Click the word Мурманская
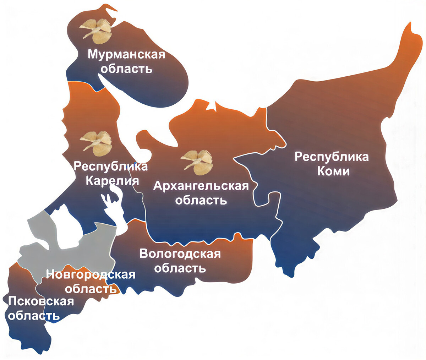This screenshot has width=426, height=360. point(126,55)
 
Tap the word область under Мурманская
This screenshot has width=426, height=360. point(126,68)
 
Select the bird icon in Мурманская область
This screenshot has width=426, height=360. point(95,29)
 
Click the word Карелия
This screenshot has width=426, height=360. point(113,181)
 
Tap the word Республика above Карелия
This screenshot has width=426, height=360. point(111,166)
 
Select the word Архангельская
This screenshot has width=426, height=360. point(201,186)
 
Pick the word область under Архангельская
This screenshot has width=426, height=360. point(201,200)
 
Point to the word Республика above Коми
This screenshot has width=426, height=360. point(332,157)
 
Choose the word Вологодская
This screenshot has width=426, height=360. point(180,254)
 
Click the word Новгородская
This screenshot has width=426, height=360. point(91,274)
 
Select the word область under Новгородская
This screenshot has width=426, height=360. point(91,289)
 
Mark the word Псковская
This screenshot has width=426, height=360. point(41,301)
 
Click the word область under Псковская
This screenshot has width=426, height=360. point(34,315)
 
